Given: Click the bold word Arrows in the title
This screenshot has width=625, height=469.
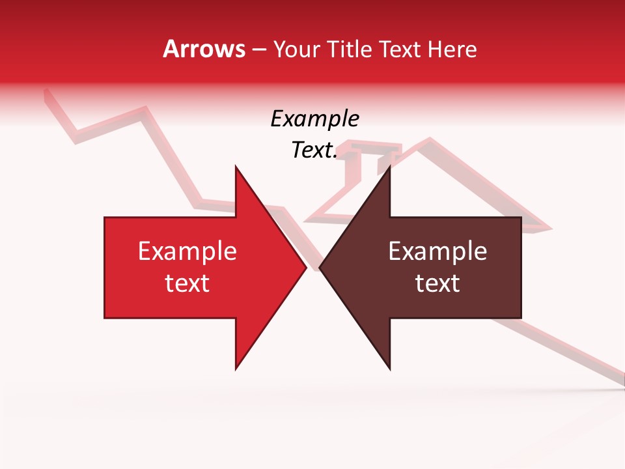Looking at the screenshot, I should pos(204,49).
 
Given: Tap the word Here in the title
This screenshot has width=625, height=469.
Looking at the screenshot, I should pos(452,49).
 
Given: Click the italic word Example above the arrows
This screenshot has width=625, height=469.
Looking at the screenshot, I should pos(314,119).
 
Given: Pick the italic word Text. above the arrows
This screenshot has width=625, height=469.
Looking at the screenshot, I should pos(314,150).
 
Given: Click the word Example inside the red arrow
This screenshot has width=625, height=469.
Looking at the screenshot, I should pos(187,251).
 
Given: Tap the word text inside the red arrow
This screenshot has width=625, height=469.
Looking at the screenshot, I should pos(187,283).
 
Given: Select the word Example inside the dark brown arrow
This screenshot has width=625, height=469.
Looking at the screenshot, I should pos(437,251).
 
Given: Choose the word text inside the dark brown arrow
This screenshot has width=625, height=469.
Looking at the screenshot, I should pos(437,283).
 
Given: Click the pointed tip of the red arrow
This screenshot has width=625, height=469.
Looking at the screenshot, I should pos(305,268).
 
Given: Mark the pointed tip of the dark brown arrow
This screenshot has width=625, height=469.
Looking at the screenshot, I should pos(320,268).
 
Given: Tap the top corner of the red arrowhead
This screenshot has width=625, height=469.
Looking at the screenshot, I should pos(236,167).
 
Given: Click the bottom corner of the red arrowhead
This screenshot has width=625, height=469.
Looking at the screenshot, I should pos(236,369).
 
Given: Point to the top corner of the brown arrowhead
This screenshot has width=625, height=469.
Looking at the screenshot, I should pos(389,167).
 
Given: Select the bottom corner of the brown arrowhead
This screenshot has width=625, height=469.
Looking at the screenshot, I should pos(389,369).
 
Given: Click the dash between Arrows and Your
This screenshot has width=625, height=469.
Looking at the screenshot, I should pos(258,50).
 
